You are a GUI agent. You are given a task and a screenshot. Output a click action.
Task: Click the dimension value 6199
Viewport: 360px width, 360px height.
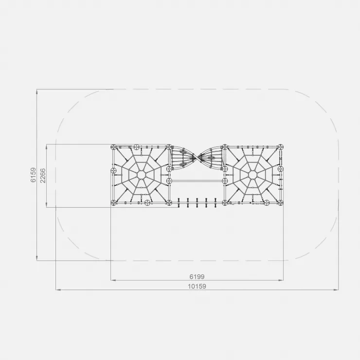coord(197,277)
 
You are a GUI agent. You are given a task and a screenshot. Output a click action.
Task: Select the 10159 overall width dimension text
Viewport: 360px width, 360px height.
coord(197,287)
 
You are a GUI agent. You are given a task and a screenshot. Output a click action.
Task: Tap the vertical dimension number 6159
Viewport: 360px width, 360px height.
coord(34,175)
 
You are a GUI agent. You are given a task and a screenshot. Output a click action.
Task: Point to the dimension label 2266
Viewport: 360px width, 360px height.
coord(43,176)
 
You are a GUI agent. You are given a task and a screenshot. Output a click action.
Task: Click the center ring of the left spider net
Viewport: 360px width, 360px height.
coord(141,175)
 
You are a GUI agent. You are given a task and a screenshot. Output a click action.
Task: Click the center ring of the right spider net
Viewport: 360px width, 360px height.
coord(252,175)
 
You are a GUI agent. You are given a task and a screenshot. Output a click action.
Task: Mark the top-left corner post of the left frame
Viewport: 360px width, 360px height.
coord(113,147)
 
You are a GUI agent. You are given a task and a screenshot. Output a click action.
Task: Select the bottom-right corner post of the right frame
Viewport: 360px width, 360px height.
coord(280,203)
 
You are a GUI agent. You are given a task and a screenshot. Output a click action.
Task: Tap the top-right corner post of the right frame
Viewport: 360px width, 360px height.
coord(280,147)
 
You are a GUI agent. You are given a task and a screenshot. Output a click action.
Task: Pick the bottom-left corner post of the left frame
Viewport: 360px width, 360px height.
coord(113,203)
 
